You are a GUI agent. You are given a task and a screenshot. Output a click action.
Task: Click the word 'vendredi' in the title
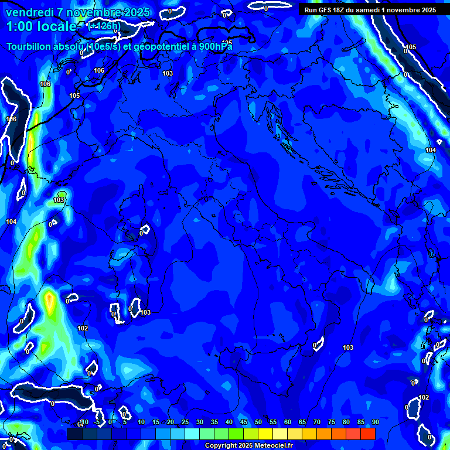pos(29,12)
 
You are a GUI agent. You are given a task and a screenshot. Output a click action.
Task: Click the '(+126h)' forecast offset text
pos(104,26)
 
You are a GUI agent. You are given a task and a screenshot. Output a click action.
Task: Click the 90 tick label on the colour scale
pos(375,422)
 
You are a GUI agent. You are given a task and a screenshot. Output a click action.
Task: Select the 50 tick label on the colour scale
pos(258,422)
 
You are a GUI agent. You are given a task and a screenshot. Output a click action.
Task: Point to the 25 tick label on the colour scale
pos(185,422)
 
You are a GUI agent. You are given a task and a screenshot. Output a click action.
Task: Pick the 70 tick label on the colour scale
pos(317,422)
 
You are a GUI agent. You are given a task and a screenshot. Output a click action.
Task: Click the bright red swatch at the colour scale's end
pos(368,434)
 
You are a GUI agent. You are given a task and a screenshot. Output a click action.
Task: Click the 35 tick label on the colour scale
pos(214,422)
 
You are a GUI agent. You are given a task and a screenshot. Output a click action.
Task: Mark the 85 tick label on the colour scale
pos(361,422)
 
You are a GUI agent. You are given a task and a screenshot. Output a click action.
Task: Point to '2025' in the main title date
pos(137,12)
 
